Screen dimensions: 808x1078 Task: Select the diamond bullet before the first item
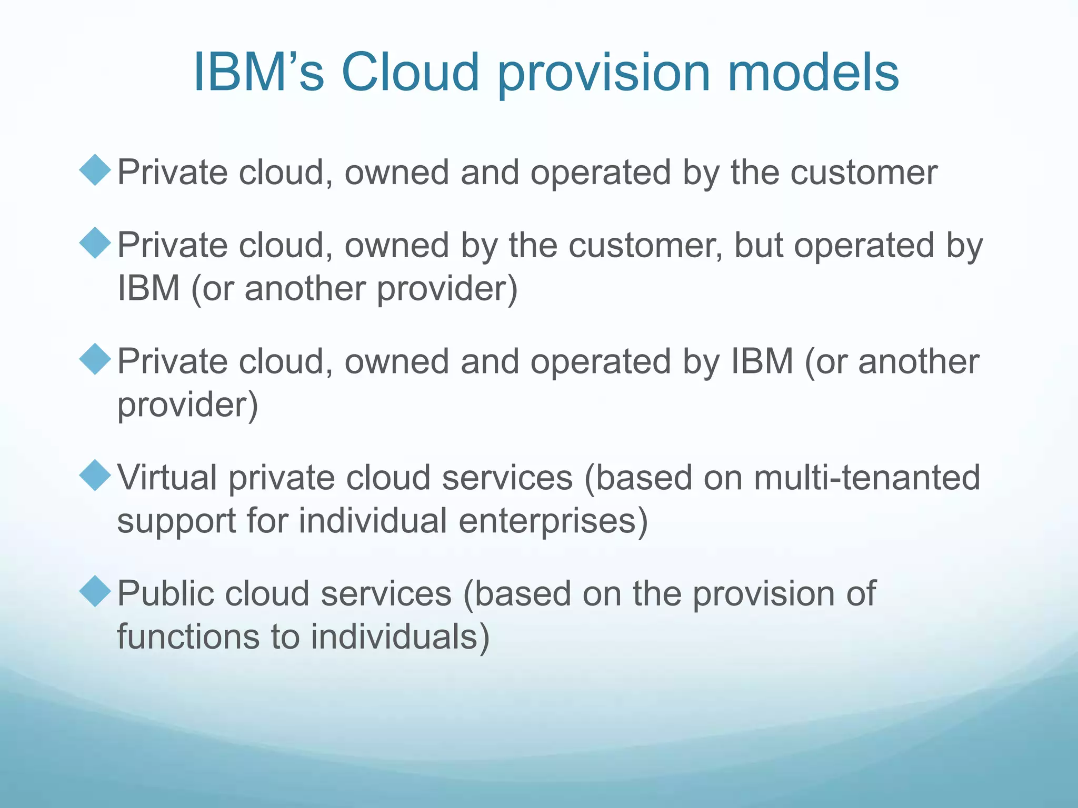(95, 170)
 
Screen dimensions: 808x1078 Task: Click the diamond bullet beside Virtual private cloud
(95, 476)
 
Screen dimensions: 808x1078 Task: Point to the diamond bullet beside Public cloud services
(95, 591)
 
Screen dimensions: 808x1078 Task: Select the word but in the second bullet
(758, 245)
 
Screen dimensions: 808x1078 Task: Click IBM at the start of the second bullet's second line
(148, 288)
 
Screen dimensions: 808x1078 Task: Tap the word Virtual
(167, 478)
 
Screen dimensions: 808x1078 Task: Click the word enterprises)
(553, 521)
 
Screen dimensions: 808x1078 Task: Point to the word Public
(165, 593)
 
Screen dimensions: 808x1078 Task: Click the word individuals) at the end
(400, 637)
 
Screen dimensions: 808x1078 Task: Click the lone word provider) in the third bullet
(187, 405)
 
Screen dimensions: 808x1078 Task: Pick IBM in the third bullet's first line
(762, 362)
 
